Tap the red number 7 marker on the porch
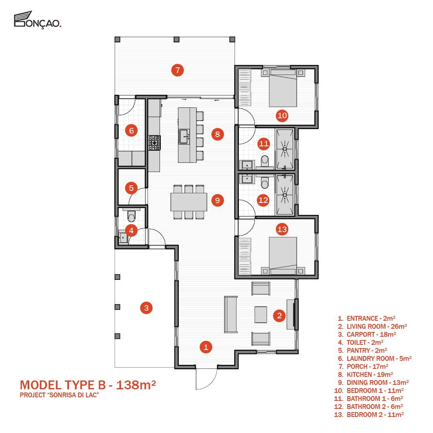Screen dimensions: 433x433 click(178, 70)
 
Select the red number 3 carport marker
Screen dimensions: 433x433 click(146, 308)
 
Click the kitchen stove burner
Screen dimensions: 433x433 click(154, 143)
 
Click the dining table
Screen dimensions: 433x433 click(188, 202)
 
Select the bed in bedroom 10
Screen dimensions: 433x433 click(283, 88)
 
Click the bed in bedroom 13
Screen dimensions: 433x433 click(283, 256)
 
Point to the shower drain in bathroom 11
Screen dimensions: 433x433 click(285, 149)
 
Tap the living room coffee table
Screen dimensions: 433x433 click(261, 315)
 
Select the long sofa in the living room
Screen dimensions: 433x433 click(231, 315)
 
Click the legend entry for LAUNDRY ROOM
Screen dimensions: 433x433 click(375, 358)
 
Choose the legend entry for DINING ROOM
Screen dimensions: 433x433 click(373, 382)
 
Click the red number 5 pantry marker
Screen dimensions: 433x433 click(131, 188)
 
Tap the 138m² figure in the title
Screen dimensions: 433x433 click(136, 385)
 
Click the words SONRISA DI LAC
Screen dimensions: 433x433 click(73, 395)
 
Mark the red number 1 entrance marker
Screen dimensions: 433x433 click(206, 347)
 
